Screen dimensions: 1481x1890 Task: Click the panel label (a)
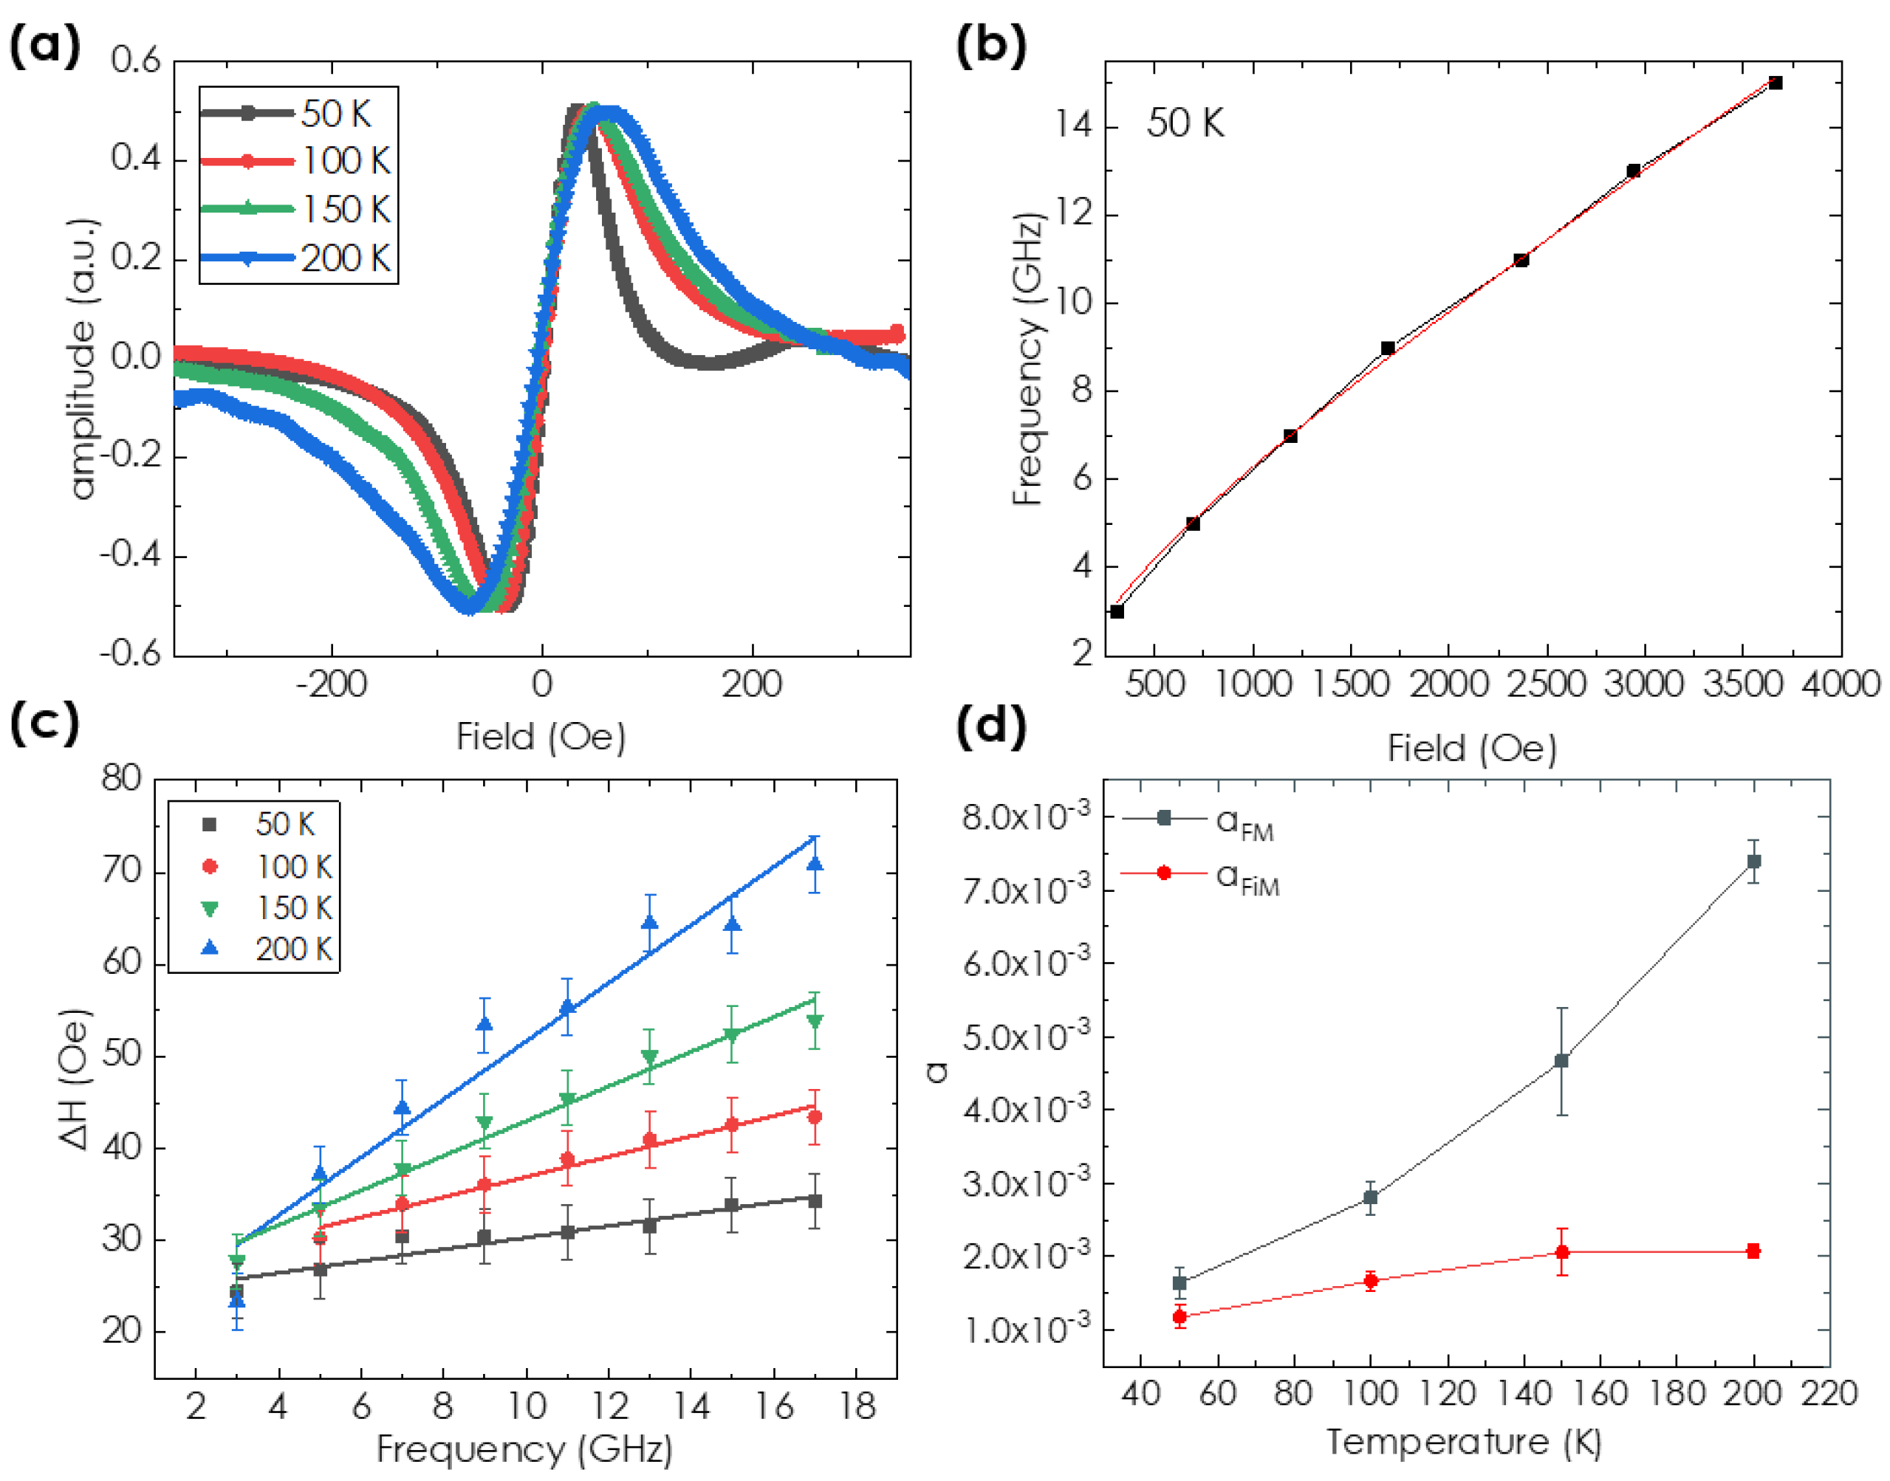45,45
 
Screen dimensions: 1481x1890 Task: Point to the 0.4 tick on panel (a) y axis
135,159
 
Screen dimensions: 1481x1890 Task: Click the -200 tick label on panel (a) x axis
332,685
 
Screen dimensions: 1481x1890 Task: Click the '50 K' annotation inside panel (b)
1185,123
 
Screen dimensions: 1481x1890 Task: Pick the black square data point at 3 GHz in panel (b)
1117,611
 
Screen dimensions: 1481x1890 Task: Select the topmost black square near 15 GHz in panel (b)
1776,83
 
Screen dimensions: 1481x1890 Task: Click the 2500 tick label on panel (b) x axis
1547,685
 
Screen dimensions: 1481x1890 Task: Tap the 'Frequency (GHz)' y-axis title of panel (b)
1028,360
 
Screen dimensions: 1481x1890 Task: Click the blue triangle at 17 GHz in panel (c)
815,865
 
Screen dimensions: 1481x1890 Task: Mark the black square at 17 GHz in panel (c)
815,1201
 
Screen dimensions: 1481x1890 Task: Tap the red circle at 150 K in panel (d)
1562,1252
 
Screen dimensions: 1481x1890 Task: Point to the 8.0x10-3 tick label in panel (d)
1024,817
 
